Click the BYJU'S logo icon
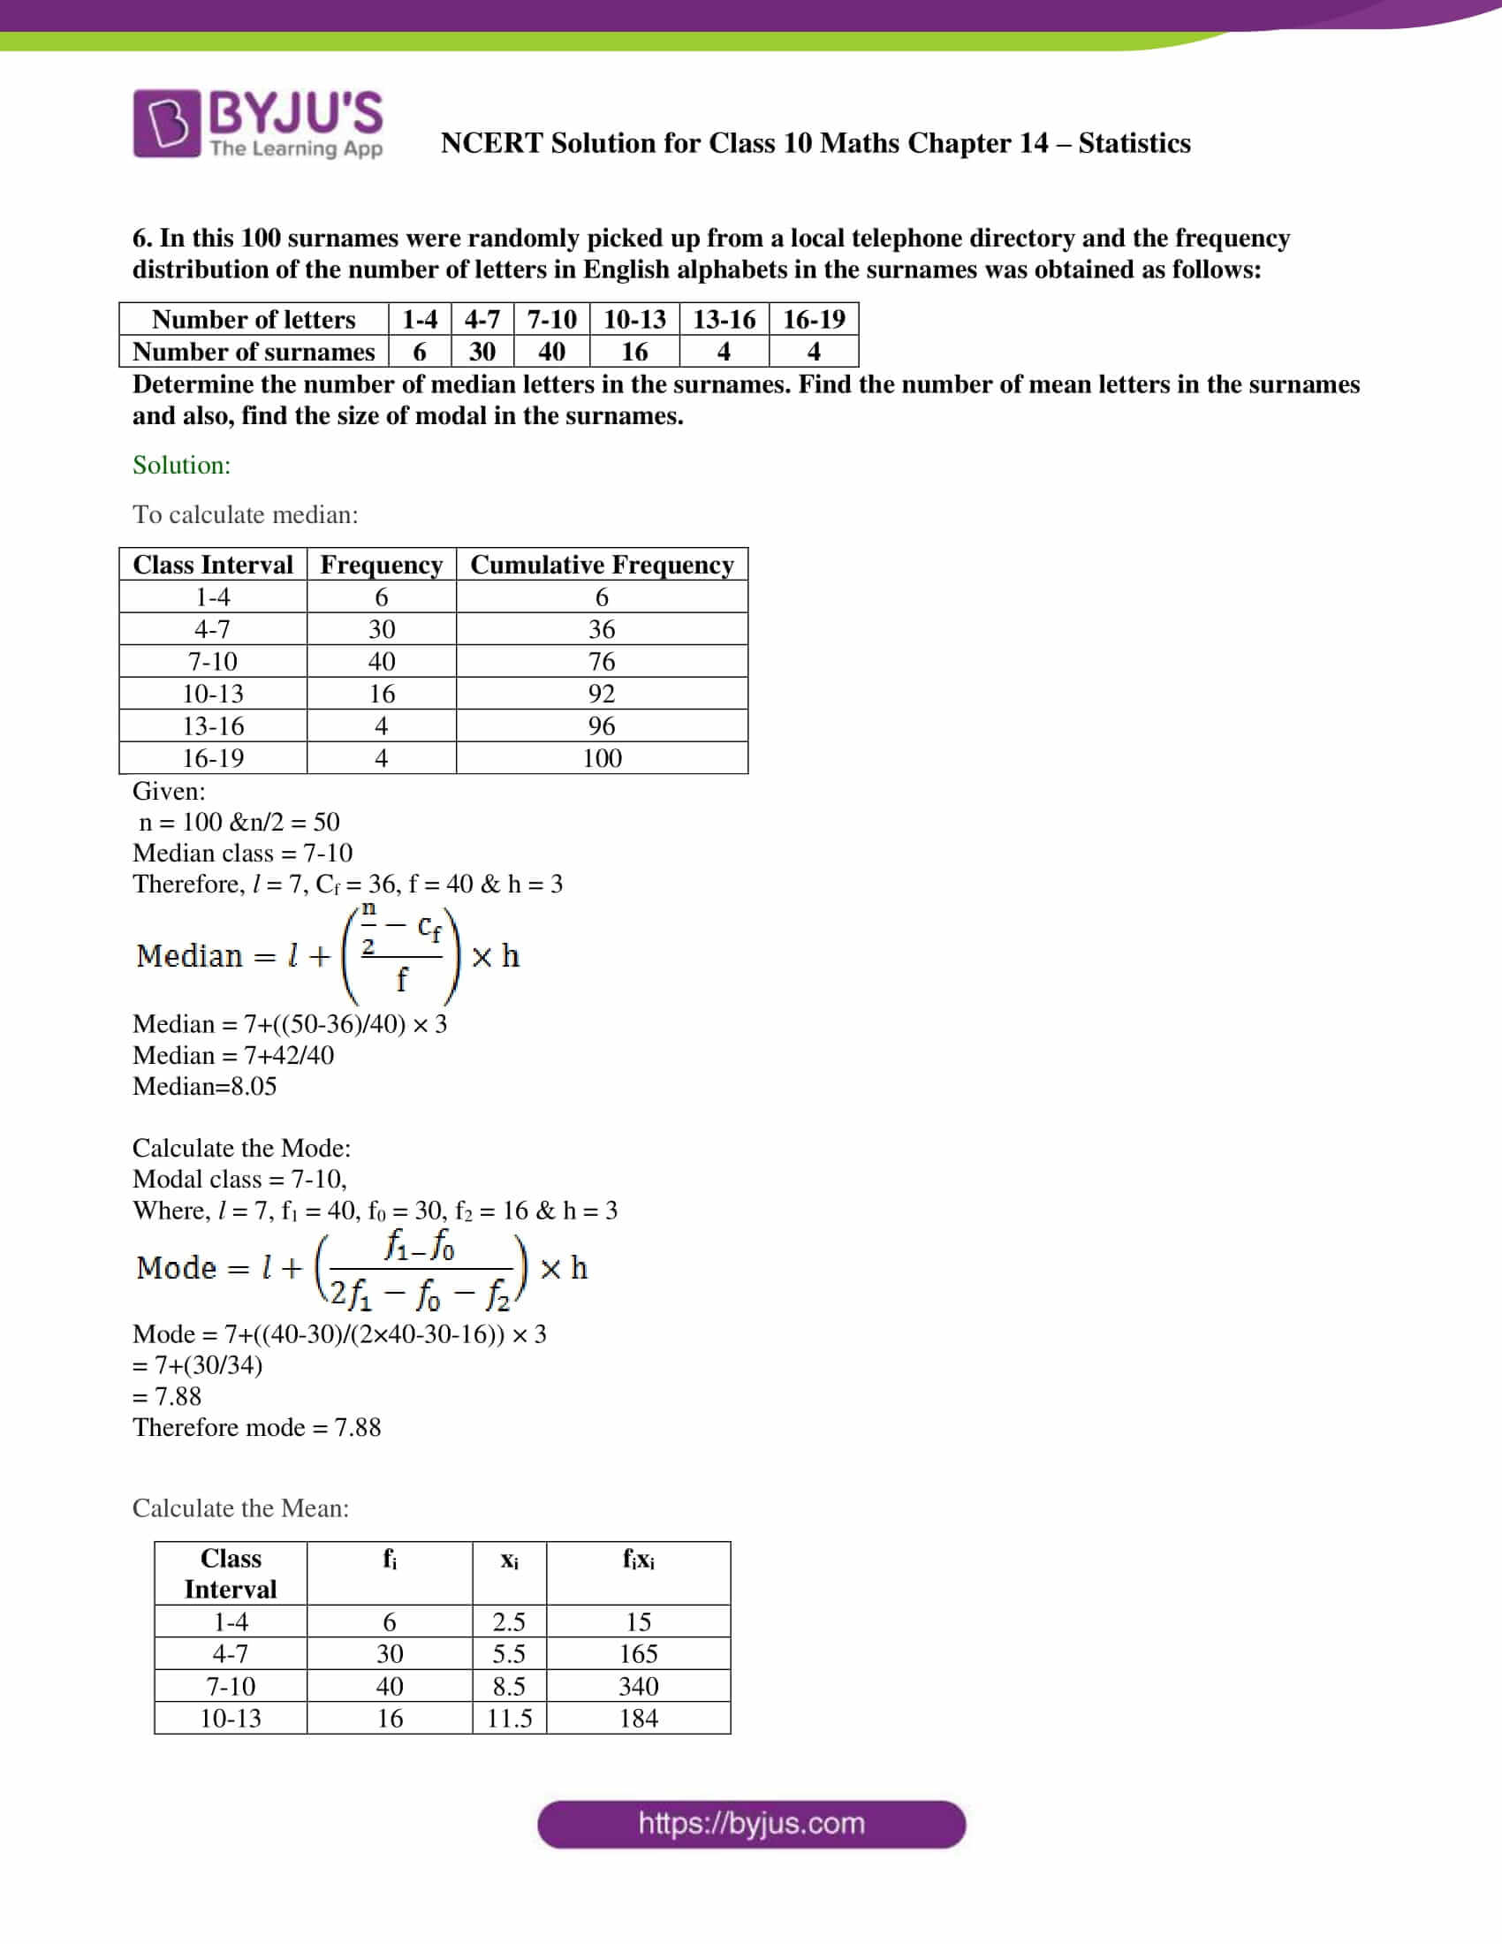[x=165, y=123]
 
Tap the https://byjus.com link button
[x=751, y=1824]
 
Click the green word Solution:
[x=181, y=465]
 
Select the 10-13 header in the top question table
[x=633, y=319]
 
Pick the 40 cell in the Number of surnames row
[x=550, y=352]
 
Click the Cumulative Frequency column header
[x=602, y=565]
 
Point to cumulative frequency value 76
[x=602, y=661]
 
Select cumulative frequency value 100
[x=602, y=758]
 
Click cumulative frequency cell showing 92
[x=602, y=694]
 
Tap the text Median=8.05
[x=205, y=1086]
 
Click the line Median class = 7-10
[x=242, y=853]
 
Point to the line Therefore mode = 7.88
[x=256, y=1427]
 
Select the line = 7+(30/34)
[x=198, y=1364]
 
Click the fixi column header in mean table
[x=638, y=1560]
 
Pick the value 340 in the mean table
[x=638, y=1686]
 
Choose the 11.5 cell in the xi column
[x=509, y=1718]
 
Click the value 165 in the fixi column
[x=638, y=1654]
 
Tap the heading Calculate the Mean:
[x=240, y=1507]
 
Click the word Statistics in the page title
[x=1134, y=143]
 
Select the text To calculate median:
[x=245, y=514]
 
